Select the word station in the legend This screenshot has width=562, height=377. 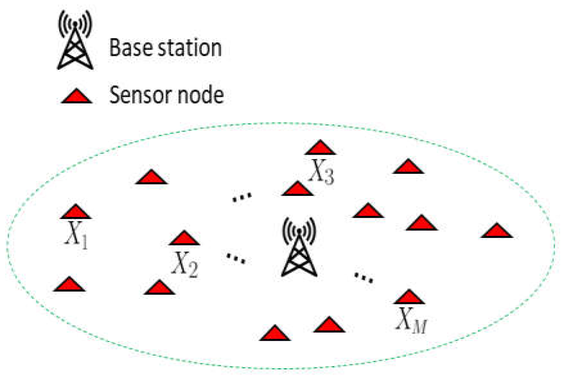(x=186, y=48)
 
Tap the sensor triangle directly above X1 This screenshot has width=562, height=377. (x=76, y=212)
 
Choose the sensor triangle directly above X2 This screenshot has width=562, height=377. (x=184, y=239)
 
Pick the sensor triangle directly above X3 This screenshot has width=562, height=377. (x=320, y=148)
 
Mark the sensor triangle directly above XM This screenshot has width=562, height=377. (x=409, y=297)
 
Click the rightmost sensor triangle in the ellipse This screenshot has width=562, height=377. (x=497, y=231)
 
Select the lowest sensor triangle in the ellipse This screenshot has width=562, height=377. (x=275, y=334)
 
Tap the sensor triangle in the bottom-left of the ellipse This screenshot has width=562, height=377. (x=69, y=285)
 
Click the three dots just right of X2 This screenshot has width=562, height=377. (x=236, y=258)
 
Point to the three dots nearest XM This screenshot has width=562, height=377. (x=363, y=278)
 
